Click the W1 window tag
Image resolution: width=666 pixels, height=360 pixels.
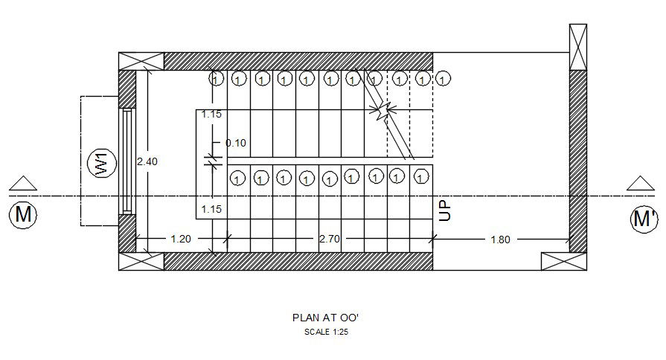101,163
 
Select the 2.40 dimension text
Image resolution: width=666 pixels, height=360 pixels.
147,161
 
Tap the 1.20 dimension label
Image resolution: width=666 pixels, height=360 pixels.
181,239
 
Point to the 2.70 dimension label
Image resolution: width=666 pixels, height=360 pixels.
330,239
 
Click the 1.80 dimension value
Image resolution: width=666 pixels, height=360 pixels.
501,239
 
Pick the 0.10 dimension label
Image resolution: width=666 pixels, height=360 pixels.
236,143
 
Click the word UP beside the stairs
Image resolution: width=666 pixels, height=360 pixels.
445,210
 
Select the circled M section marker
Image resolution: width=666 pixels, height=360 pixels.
23,215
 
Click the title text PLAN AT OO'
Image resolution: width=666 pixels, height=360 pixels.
326,317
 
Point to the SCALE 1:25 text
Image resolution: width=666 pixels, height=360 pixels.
326,332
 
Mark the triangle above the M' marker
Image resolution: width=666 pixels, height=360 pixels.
641,184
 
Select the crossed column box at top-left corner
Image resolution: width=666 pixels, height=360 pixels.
141,61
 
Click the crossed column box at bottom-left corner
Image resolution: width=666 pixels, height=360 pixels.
141,261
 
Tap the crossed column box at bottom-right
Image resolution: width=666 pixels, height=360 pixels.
563,261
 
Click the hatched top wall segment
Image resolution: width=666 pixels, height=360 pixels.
298,61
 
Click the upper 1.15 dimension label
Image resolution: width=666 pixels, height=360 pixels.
211,115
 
